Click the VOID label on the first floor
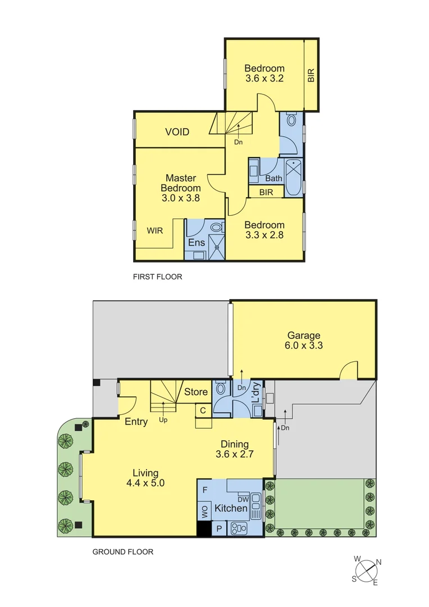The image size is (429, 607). point(177,132)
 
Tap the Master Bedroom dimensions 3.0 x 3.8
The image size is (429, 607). point(180,198)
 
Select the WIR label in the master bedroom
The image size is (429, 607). point(156,230)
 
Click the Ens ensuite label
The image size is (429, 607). point(196,243)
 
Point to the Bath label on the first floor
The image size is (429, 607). point(273,179)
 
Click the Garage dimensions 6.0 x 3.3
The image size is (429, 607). point(304,346)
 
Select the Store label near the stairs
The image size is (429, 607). point(196,392)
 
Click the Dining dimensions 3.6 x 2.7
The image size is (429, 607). point(235,454)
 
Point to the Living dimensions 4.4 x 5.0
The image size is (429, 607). point(145,482)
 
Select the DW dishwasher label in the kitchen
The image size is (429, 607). point(243,499)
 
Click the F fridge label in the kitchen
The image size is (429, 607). point(205,490)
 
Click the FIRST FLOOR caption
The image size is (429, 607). point(158,277)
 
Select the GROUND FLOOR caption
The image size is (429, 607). point(122,552)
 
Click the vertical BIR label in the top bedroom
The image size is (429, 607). point(311,76)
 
